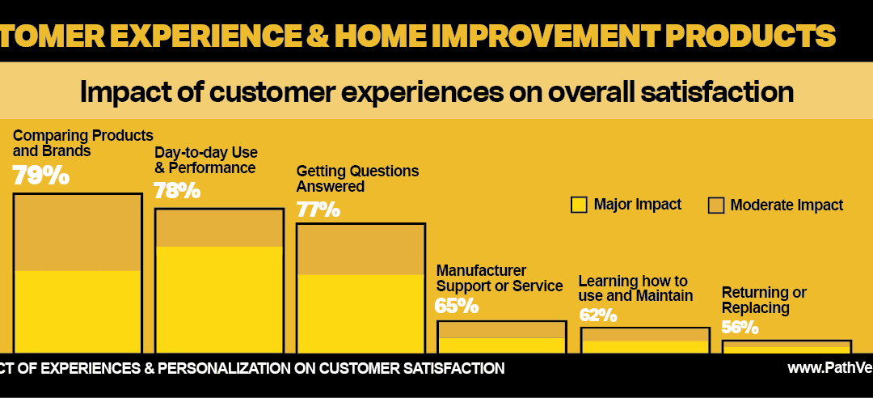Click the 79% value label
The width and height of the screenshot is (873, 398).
click(41, 176)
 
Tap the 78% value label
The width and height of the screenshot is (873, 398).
click(177, 191)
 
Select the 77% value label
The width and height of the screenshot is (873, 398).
click(318, 210)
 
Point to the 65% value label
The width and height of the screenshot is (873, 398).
click(457, 306)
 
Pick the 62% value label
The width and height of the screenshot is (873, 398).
click(598, 315)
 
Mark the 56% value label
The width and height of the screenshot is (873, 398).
click(740, 327)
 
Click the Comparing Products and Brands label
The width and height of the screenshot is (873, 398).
click(83, 142)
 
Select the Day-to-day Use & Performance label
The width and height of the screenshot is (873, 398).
click(206, 160)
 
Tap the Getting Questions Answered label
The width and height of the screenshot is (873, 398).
click(357, 179)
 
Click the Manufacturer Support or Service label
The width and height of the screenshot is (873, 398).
click(500, 278)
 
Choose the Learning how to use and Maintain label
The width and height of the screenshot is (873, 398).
click(635, 289)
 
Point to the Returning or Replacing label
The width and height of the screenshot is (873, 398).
click(764, 300)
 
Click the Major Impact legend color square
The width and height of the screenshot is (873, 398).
click(579, 205)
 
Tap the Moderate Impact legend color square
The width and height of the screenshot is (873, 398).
click(715, 205)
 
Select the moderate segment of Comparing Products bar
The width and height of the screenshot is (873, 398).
click(78, 232)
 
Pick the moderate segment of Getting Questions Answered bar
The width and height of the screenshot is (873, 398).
click(361, 249)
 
